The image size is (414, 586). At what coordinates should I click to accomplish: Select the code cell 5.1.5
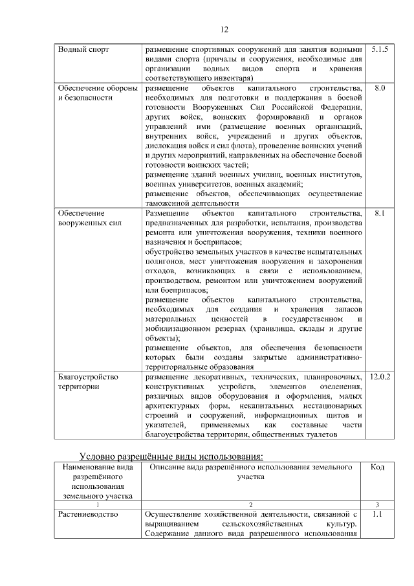tap(380, 49)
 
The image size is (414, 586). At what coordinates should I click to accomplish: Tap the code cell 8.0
tap(380, 87)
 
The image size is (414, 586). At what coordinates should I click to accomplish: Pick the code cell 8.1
tap(380, 212)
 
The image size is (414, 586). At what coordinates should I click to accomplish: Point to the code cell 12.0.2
tap(380, 376)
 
